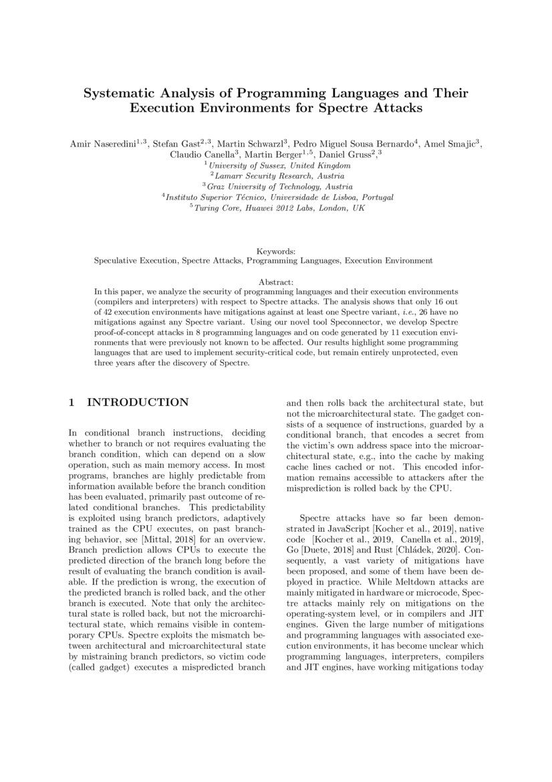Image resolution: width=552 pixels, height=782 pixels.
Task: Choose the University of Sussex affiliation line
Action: [276, 165]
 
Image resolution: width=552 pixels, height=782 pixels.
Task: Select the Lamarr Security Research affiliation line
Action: [276, 176]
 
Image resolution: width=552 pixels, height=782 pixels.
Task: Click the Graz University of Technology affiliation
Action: [276, 187]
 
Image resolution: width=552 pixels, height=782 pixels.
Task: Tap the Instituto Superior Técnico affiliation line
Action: [276, 197]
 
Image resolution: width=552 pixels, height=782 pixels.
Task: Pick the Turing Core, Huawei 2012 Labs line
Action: [276, 208]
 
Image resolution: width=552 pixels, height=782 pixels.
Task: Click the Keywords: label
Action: [275, 251]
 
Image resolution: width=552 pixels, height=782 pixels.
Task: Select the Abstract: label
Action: [275, 283]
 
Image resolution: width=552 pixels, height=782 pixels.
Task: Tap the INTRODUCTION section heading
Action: [138, 403]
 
